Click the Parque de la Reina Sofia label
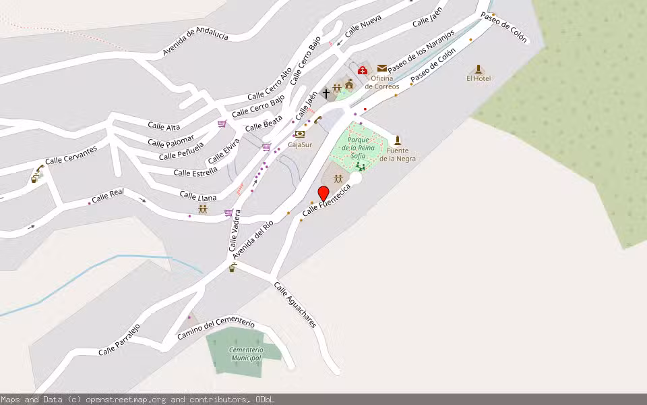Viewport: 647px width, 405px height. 358,147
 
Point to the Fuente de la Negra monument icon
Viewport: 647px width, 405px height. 398,140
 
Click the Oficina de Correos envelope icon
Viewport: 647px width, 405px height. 382,68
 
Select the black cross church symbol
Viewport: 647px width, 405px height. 326,92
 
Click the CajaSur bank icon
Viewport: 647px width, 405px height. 300,134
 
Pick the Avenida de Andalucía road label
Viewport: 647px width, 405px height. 195,41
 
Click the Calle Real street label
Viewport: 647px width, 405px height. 108,196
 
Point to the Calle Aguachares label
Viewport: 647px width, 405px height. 295,304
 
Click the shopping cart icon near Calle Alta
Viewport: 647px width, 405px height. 222,124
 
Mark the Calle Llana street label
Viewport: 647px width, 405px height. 198,196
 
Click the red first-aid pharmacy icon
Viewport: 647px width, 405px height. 363,70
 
